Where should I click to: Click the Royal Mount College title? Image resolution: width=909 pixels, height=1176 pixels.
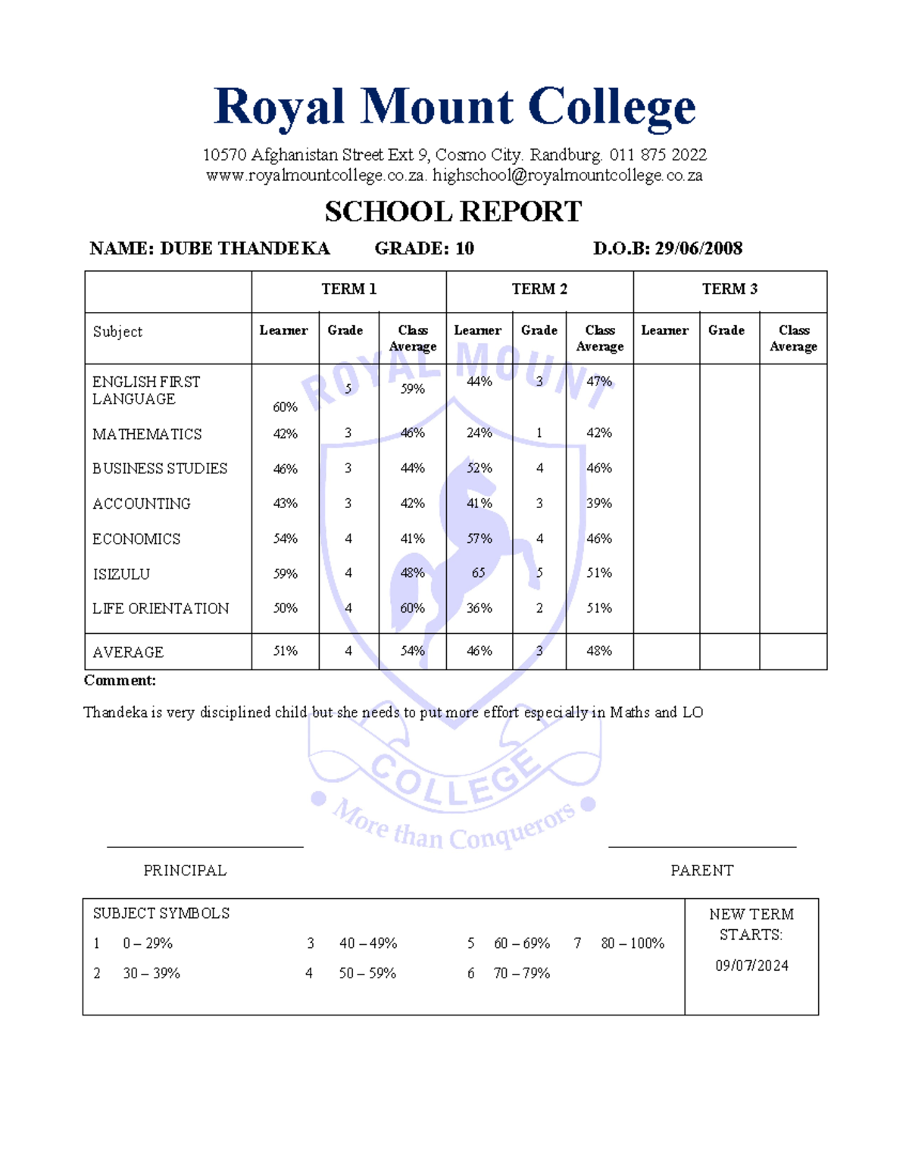(454, 107)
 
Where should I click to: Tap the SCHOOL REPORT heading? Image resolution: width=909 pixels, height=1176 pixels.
(453, 212)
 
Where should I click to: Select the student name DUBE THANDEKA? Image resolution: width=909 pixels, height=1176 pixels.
(245, 248)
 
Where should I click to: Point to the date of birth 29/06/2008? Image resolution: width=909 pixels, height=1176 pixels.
(698, 248)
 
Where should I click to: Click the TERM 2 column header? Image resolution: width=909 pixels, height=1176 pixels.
(539, 289)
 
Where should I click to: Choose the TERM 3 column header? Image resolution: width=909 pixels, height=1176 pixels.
(729, 289)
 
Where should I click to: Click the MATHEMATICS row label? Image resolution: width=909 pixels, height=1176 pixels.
(147, 435)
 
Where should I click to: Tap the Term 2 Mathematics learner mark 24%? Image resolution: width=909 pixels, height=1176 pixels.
(479, 433)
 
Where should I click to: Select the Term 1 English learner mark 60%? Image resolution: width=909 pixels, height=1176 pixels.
(285, 407)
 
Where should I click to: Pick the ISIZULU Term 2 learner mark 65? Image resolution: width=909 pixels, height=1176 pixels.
(479, 573)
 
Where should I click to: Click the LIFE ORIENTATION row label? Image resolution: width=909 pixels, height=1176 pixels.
(161, 609)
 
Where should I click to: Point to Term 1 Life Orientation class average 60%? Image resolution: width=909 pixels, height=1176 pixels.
(413, 608)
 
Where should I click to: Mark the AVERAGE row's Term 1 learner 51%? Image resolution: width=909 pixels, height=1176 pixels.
(285, 651)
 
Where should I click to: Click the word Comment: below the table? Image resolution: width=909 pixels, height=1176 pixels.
(120, 681)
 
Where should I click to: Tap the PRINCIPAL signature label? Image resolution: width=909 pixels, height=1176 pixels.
(185, 871)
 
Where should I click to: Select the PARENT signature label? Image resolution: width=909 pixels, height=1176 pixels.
(701, 871)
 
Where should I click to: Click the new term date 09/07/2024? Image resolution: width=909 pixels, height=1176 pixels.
(751, 965)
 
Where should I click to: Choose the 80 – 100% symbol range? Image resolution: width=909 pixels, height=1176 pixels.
(633, 944)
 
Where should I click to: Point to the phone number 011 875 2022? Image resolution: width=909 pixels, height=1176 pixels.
(658, 155)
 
